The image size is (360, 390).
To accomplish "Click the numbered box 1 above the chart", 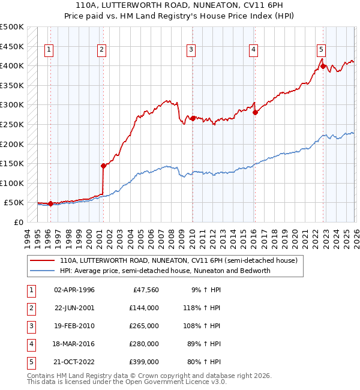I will [48, 50].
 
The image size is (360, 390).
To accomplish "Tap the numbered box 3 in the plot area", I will [191, 50].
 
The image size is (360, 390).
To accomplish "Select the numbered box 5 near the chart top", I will [322, 50].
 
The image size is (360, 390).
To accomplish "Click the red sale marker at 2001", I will [103, 166].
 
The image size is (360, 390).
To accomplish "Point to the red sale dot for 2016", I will [255, 112].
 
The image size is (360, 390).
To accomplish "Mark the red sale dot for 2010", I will [193, 118].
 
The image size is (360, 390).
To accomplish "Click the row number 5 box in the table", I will [29, 362].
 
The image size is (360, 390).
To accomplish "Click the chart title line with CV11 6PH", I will [180, 5].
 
